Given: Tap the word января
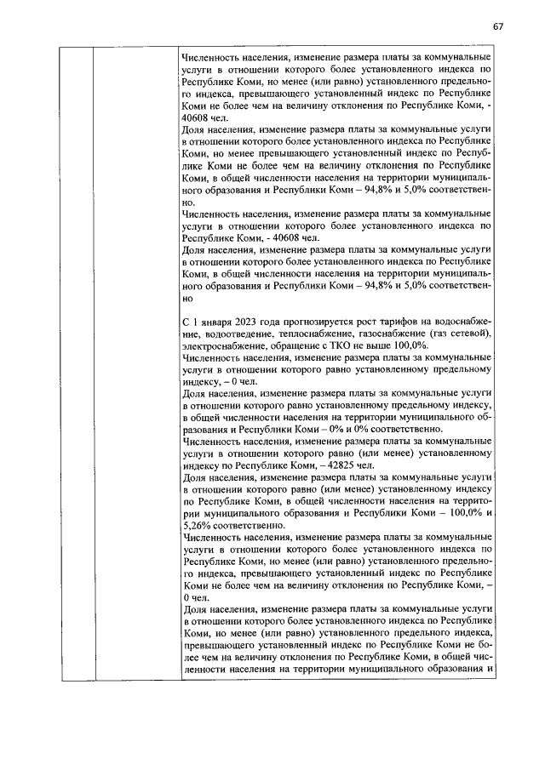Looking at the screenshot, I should [x=215, y=325].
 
